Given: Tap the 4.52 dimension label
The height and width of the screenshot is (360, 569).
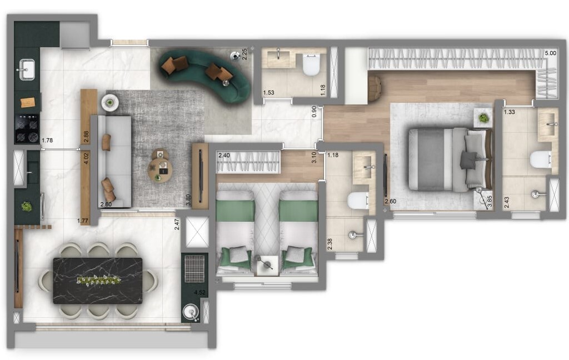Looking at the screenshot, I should pyautogui.click(x=198, y=292).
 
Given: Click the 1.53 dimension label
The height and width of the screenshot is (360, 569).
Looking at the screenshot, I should pyautogui.click(x=269, y=93).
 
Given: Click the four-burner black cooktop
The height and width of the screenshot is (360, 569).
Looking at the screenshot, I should pyautogui.click(x=27, y=129).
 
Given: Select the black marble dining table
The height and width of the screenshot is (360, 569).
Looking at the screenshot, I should pyautogui.click(x=98, y=281).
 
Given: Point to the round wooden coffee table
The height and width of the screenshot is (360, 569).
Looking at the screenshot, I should pyautogui.click(x=160, y=169).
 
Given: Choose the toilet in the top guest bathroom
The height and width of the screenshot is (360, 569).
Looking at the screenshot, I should pyautogui.click(x=310, y=66).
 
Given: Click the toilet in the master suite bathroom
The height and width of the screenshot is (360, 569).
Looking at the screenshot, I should pyautogui.click(x=541, y=159).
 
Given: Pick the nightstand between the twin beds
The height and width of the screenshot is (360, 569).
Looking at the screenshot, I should pyautogui.click(x=267, y=265).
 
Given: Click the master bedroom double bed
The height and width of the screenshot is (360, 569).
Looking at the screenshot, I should pyautogui.click(x=450, y=159).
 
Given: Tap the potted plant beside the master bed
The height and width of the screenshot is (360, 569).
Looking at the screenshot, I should pyautogui.click(x=483, y=118).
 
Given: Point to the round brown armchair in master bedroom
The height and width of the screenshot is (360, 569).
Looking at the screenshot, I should pyautogui.click(x=375, y=88).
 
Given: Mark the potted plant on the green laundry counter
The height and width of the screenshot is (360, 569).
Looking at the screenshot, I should pyautogui.click(x=26, y=206).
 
